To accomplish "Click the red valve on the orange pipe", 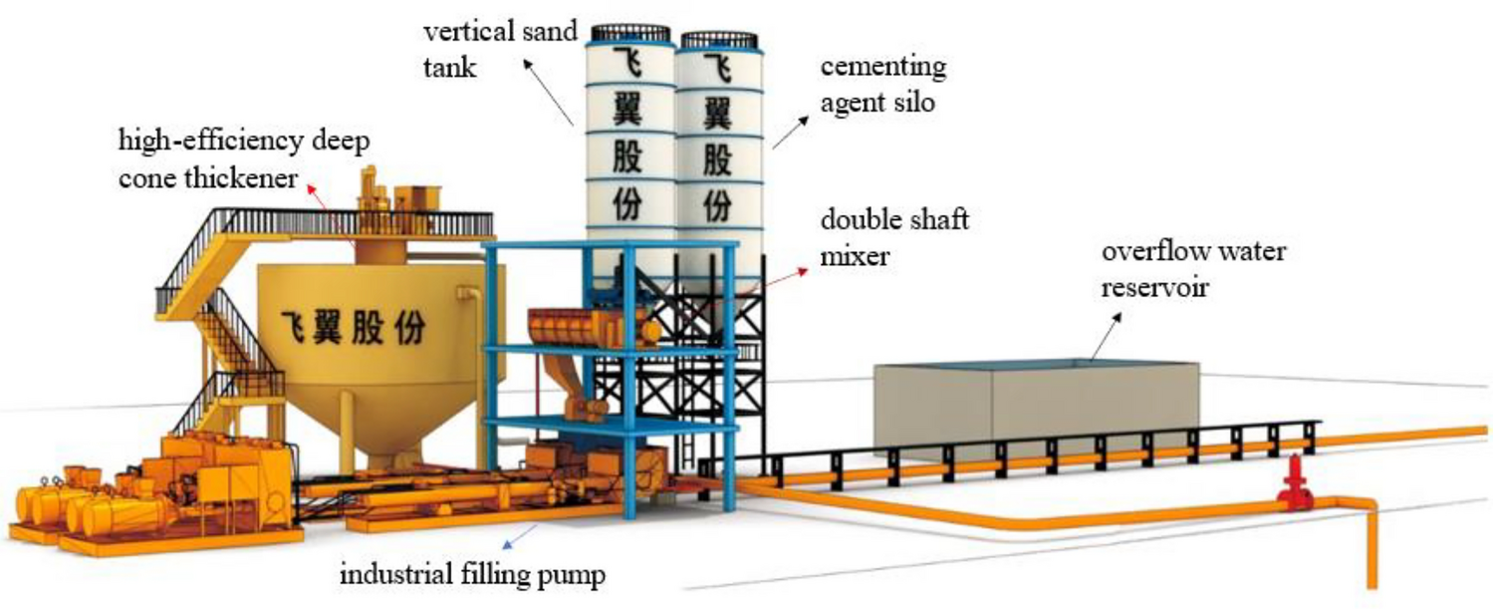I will click(x=1295, y=483).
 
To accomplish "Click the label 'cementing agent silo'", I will click(x=882, y=85).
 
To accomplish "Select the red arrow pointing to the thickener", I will click(x=329, y=209).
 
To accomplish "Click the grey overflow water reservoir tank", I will click(x=1036, y=409).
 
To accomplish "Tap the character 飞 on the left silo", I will click(x=628, y=65).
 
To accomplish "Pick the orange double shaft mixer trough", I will click(x=588, y=328).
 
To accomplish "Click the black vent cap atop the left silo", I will click(x=629, y=32).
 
